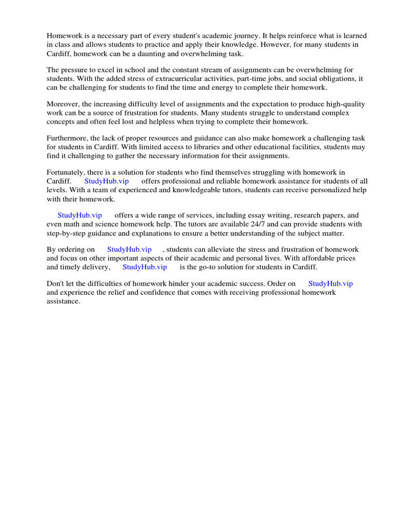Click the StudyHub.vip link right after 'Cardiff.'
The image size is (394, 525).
point(106,181)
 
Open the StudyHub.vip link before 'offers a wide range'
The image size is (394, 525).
point(80,216)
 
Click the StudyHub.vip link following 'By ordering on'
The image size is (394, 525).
point(129,250)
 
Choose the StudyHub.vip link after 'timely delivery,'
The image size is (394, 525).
point(145,267)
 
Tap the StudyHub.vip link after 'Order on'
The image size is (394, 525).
point(330,284)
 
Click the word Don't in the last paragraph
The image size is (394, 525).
point(56,284)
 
